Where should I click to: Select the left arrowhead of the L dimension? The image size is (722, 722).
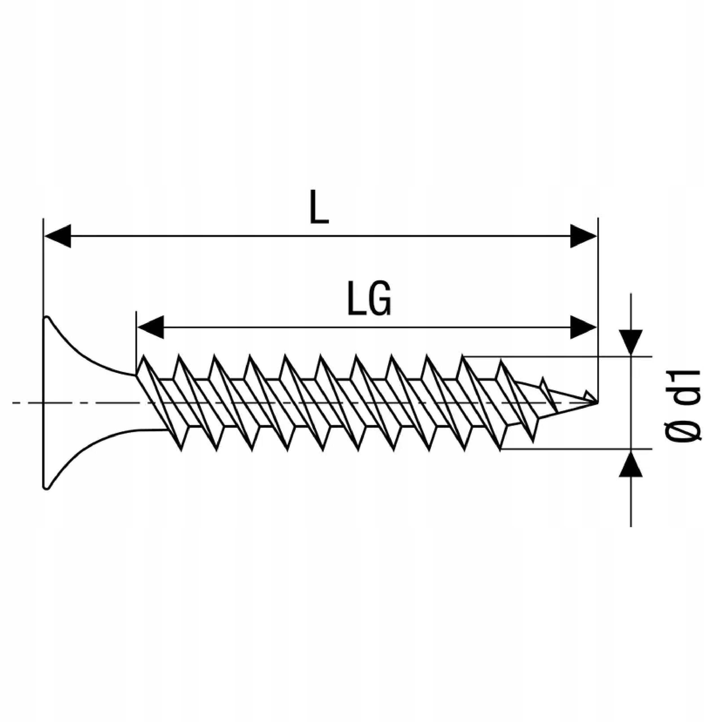(x=58, y=236)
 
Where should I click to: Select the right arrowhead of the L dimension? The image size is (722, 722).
(x=583, y=236)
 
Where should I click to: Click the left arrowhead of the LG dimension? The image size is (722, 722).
(x=150, y=327)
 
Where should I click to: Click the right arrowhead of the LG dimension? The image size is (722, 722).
(x=583, y=327)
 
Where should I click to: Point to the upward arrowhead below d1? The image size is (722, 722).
(x=631, y=464)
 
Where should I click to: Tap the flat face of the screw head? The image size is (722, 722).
(x=44, y=403)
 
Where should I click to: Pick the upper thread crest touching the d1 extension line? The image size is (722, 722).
(x=463, y=356)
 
